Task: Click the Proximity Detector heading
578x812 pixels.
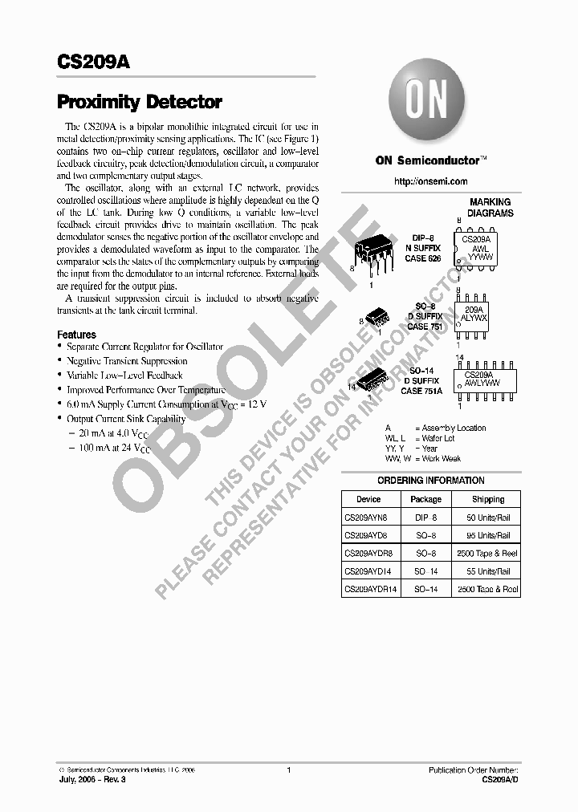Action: (139, 103)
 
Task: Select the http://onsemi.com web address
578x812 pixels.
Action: (430, 182)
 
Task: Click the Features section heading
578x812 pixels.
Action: (76, 335)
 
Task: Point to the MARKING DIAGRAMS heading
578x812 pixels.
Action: (490, 208)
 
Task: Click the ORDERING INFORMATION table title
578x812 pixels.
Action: (430, 481)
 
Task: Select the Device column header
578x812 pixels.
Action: (368, 499)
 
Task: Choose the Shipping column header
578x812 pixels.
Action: (488, 499)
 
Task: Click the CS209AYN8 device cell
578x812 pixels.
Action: (365, 518)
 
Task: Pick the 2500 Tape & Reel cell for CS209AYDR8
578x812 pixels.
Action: (487, 554)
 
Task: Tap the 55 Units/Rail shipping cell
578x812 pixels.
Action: (487, 571)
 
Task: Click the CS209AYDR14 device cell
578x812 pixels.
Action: (371, 590)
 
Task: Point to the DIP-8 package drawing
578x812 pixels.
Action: (372, 256)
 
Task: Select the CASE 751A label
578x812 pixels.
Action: (422, 391)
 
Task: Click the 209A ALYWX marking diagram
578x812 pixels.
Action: (474, 313)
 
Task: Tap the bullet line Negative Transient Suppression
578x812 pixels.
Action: (127, 361)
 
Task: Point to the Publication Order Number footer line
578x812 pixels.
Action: (474, 769)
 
